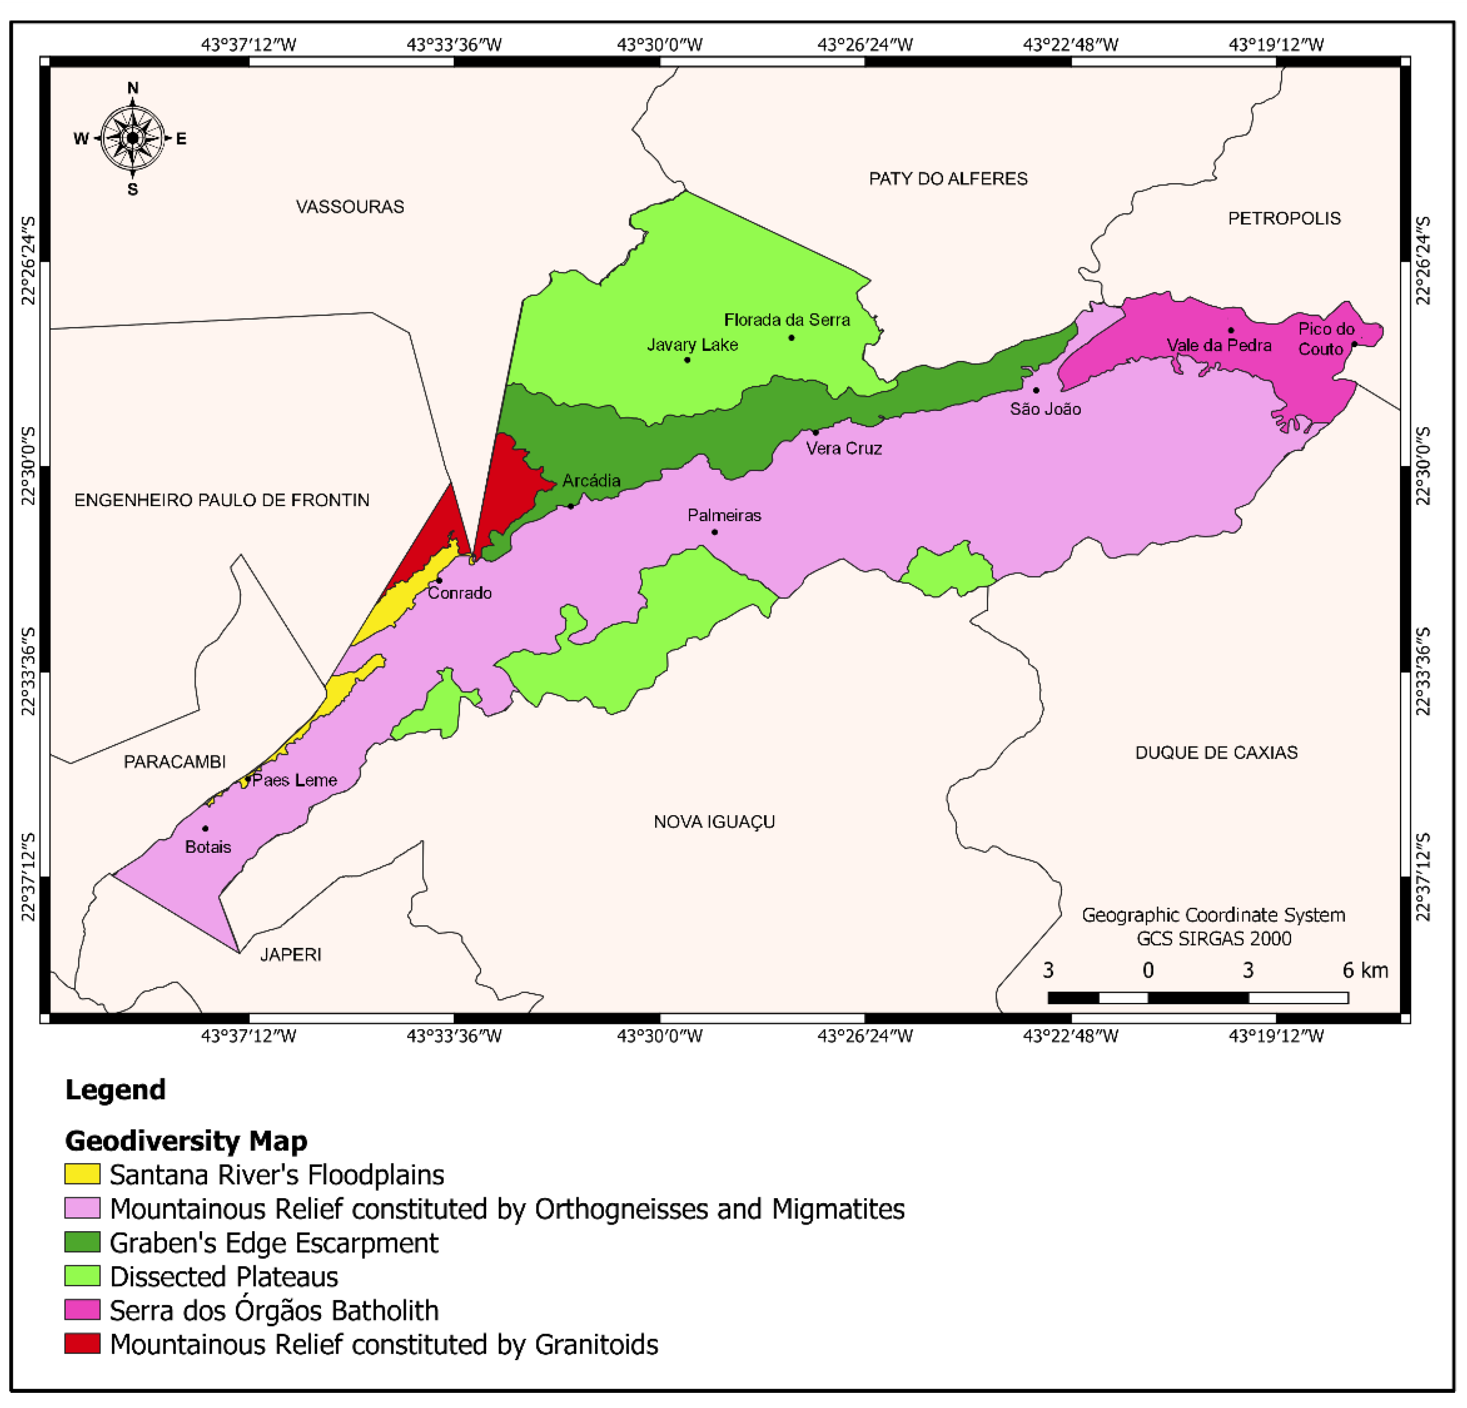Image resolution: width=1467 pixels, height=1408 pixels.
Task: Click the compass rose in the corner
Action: pos(133,138)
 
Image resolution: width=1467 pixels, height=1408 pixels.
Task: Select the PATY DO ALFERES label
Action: pos(948,178)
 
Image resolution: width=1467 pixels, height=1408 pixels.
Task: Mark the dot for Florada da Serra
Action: pos(791,338)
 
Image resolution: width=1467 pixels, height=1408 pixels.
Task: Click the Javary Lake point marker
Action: pos(687,360)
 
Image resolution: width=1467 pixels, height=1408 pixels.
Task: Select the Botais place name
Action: pos(208,847)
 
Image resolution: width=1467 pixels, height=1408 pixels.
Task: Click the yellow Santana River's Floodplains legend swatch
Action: pos(82,1174)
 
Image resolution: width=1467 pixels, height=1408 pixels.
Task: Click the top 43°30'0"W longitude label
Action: pos(659,44)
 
